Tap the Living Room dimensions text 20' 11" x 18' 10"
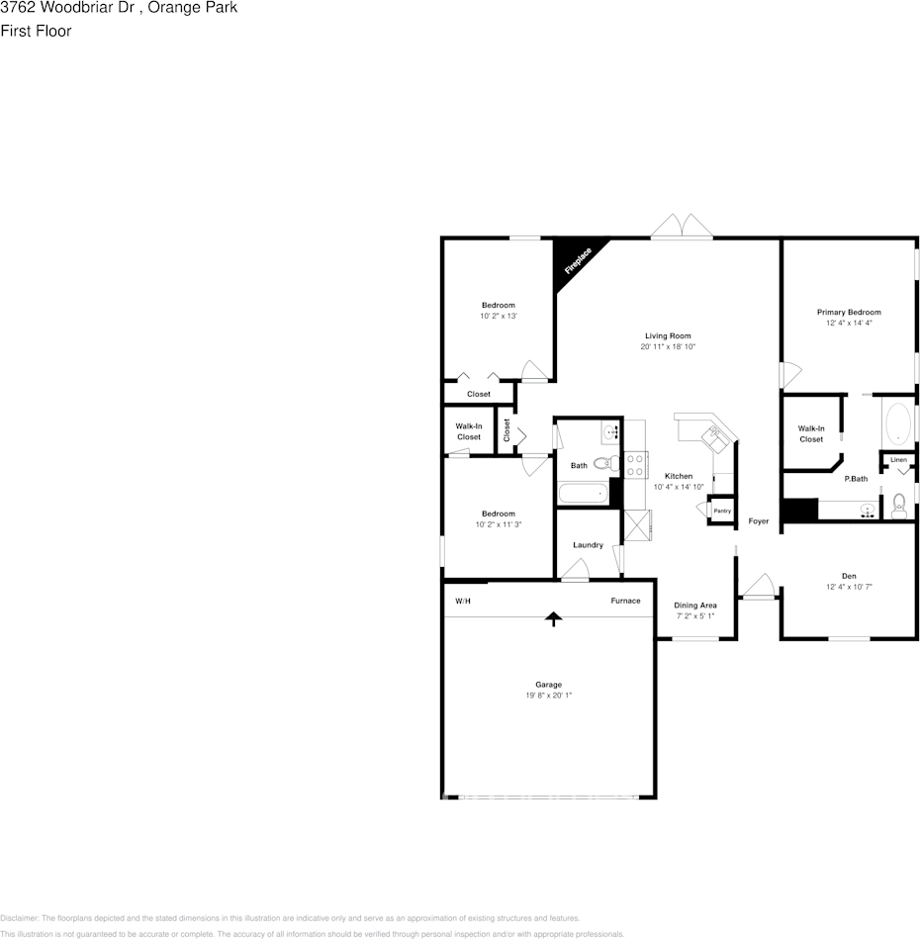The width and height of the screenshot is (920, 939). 669,347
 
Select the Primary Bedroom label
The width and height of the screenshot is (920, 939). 849,313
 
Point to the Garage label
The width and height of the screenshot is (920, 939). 549,685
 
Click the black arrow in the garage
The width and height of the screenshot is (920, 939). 554,618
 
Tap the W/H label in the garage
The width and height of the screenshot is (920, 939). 463,601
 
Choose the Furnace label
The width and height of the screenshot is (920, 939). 625,601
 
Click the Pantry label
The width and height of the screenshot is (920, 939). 722,511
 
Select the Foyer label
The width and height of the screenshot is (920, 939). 759,521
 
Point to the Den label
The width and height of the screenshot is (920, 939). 849,576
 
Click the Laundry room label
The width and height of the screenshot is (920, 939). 588,545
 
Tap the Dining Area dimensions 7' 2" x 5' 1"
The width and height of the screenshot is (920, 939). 695,616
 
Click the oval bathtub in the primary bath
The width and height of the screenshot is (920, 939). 898,423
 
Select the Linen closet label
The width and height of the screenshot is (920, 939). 898,460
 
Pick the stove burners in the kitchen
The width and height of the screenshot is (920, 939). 634,464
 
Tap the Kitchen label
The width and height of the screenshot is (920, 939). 678,476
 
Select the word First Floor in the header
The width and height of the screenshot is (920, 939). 36,31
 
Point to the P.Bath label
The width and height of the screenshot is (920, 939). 856,479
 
